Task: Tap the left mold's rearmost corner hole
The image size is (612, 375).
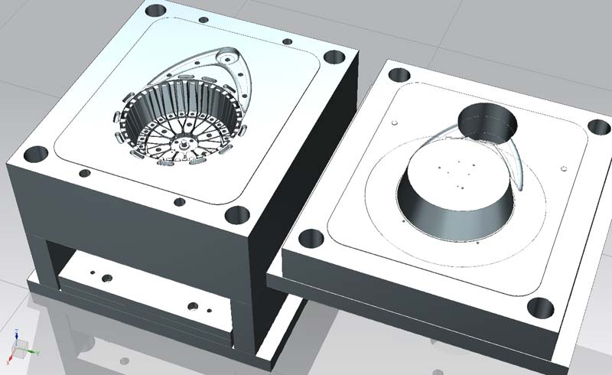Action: (155, 10)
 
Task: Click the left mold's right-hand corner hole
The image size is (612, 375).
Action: (334, 57)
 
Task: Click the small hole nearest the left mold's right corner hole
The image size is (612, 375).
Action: (287, 41)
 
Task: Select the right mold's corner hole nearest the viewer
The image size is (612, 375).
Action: (542, 308)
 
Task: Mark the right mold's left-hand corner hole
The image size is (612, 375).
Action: (311, 238)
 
